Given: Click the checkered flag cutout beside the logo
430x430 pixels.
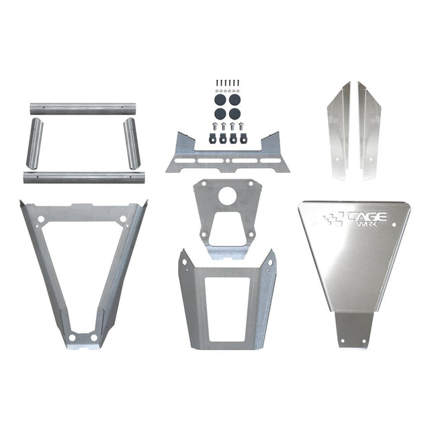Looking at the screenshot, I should point(333,218).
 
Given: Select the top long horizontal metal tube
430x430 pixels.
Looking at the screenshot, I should point(83,108).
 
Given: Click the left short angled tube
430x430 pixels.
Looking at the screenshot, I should point(34,143).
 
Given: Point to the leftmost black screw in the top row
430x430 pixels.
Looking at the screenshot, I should point(217,83).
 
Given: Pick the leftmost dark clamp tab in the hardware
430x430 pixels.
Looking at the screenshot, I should point(212,138).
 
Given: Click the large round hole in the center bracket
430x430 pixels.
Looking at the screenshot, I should point(227,196).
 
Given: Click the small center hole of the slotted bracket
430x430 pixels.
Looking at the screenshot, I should point(228,161).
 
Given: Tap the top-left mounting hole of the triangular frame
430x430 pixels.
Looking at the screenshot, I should point(41,219).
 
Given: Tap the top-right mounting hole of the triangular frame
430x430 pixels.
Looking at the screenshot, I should point(123,219).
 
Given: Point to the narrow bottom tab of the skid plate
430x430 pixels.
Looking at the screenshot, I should point(353,330).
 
